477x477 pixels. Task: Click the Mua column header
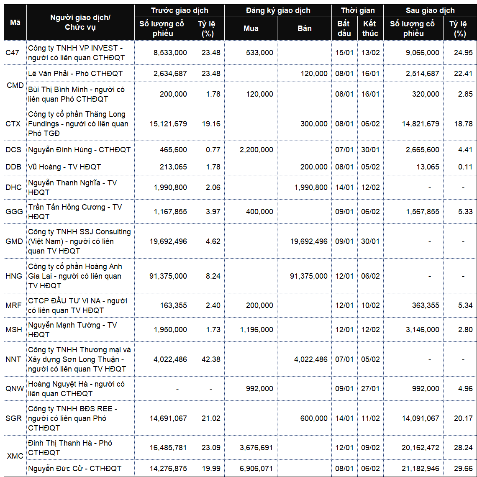(251, 28)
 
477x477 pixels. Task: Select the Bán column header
(304, 28)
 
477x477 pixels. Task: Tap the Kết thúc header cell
(370, 28)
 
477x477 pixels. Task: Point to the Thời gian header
(357, 10)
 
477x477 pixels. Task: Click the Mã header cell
(15, 23)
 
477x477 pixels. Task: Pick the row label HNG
(14, 276)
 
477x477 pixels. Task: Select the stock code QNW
(15, 389)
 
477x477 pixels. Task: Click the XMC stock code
(15, 456)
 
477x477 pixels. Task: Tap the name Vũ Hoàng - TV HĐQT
(64, 167)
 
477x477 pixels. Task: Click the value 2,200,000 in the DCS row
(256, 149)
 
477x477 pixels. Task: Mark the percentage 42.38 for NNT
(210, 359)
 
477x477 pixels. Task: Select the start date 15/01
(344, 53)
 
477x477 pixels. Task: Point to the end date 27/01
(370, 389)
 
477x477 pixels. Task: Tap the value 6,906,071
(256, 469)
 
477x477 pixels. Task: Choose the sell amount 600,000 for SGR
(314, 418)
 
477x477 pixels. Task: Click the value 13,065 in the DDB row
(427, 167)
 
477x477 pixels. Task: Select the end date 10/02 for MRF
(370, 305)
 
